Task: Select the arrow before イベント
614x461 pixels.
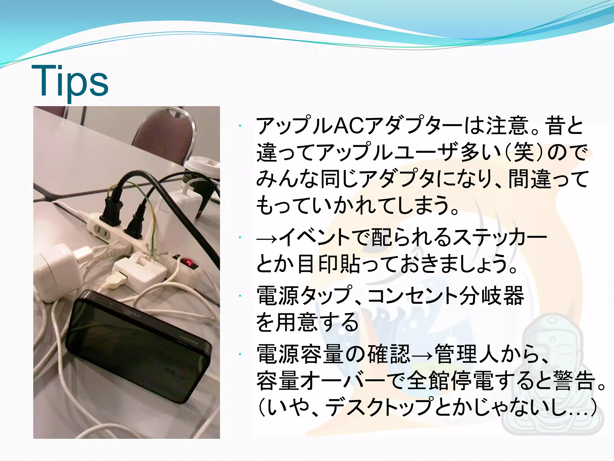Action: click(x=267, y=239)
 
